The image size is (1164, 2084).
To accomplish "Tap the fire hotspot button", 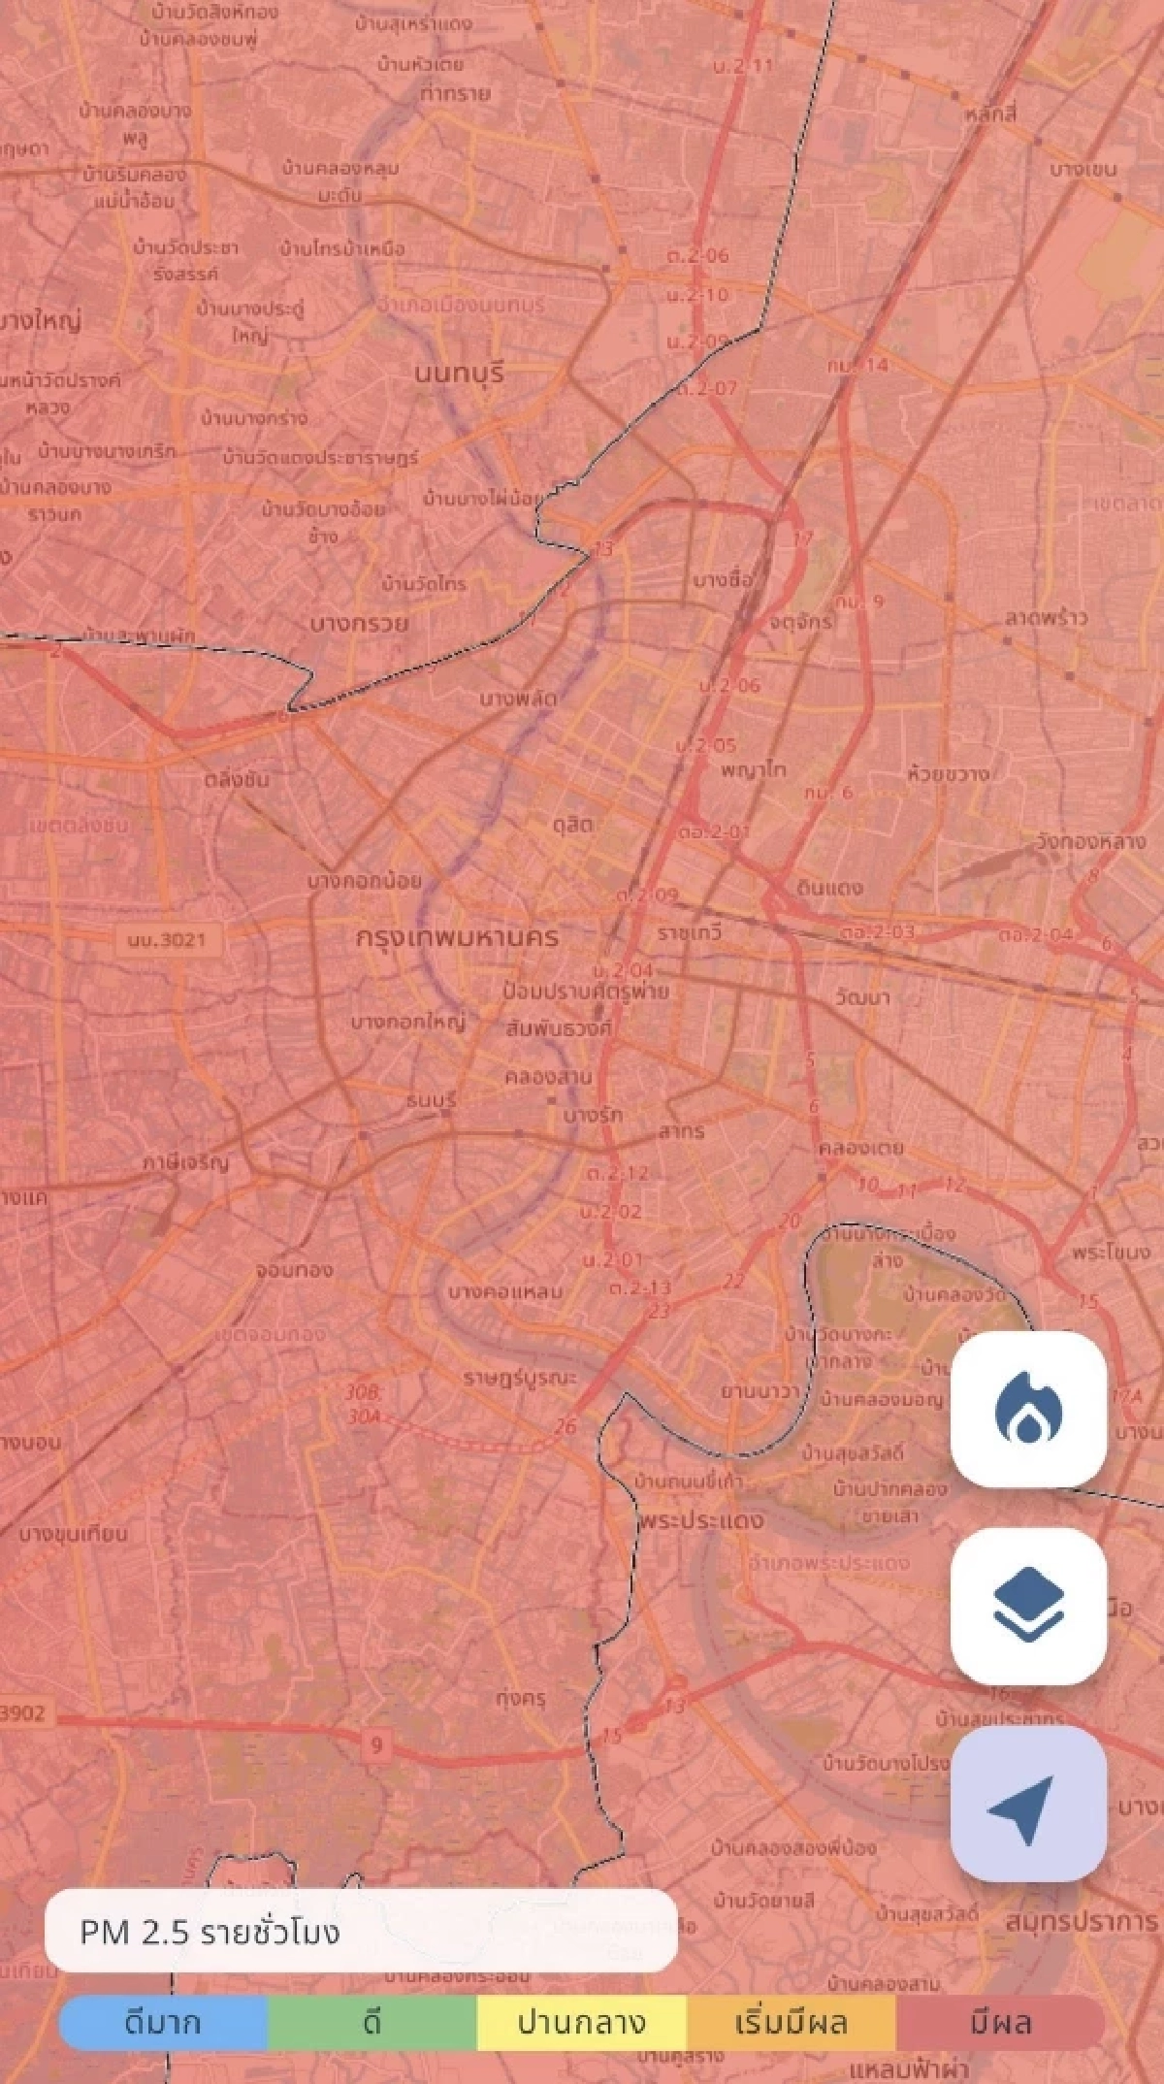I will [x=1028, y=1408].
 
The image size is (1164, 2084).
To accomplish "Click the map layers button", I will [x=1028, y=1606].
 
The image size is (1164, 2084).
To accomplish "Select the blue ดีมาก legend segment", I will [x=163, y=2023].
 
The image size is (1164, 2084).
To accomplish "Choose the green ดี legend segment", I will [x=372, y=2023].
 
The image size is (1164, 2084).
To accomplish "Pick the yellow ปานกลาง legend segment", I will [x=582, y=2023].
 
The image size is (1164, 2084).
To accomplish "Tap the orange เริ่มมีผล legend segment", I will [x=792, y=2023].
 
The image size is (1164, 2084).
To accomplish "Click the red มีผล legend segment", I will [x=1001, y=2023].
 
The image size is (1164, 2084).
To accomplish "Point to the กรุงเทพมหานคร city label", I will [x=457, y=937].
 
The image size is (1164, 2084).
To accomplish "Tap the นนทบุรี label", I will [x=459, y=373].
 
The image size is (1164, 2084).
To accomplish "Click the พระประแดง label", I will [x=701, y=1519].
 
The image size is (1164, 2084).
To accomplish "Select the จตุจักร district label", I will [x=800, y=621].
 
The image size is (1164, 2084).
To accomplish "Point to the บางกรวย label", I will [x=359, y=623].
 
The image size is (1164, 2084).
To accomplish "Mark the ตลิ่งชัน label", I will [x=238, y=779].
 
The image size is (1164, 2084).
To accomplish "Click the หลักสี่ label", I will [x=990, y=114].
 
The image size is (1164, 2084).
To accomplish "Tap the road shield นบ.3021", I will [x=167, y=939].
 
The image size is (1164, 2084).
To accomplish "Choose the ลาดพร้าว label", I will [x=1046, y=618].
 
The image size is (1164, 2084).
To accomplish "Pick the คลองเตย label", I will [x=860, y=1147].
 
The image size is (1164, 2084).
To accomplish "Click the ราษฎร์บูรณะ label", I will [x=519, y=1378].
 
